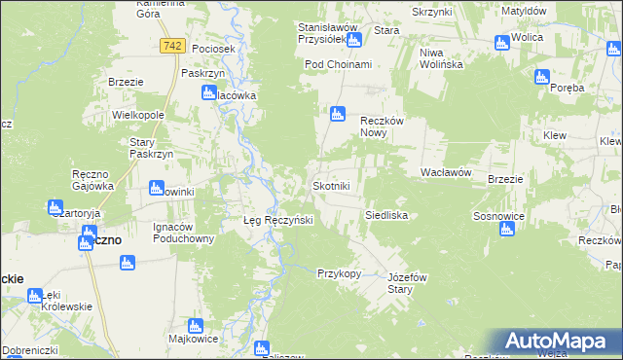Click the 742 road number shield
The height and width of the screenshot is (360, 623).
[x=173, y=46]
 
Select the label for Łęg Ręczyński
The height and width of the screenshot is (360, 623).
[x=276, y=221]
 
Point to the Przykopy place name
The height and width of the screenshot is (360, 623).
[x=339, y=273]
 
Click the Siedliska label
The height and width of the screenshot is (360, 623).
[x=385, y=214]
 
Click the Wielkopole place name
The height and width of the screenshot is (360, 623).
[x=137, y=115]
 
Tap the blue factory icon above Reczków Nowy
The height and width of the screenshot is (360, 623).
[x=337, y=113]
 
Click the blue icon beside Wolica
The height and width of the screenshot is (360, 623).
[x=502, y=43]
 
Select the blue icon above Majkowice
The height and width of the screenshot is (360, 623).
[x=195, y=326]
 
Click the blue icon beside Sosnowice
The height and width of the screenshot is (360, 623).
[x=505, y=230]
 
